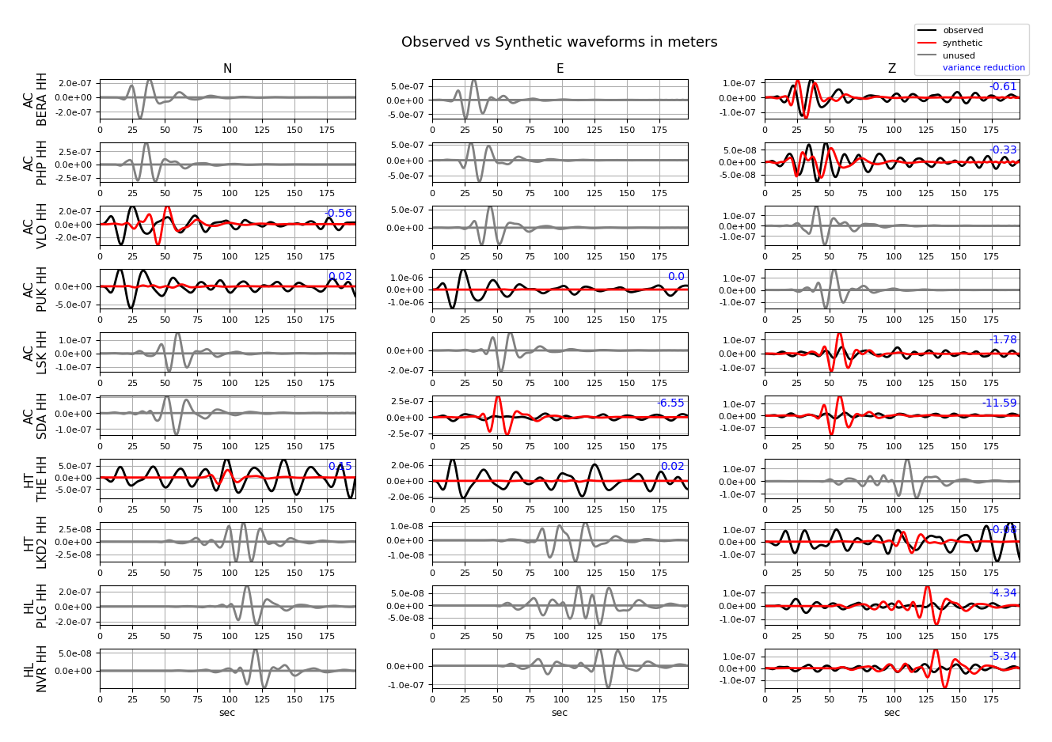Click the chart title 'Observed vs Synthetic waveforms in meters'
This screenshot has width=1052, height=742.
pyautogui.click(x=559, y=43)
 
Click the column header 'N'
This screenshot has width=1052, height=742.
pyautogui.click(x=227, y=69)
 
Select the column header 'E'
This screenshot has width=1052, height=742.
pyautogui.click(x=560, y=69)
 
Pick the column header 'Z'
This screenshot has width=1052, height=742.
pyautogui.click(x=891, y=69)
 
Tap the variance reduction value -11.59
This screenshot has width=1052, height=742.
pyautogui.click(x=999, y=403)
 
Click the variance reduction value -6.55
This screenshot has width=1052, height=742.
pyautogui.click(x=670, y=403)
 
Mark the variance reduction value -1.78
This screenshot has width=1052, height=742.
pyautogui.click(x=1004, y=340)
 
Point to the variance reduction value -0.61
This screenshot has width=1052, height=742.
pyautogui.click(x=1004, y=87)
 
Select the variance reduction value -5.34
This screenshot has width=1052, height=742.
pyautogui.click(x=1003, y=657)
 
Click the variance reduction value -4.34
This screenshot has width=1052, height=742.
pyautogui.click(x=1003, y=593)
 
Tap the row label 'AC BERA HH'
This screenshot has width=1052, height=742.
pyautogui.click(x=36, y=100)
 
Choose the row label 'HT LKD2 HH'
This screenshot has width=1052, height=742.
pyautogui.click(x=36, y=543)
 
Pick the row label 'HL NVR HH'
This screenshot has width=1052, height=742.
pyautogui.click(x=36, y=669)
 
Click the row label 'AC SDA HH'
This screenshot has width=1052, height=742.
pyautogui.click(x=36, y=416)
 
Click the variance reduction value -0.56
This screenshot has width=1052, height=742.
pyautogui.click(x=339, y=214)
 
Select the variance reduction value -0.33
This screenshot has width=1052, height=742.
pyautogui.click(x=1004, y=150)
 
